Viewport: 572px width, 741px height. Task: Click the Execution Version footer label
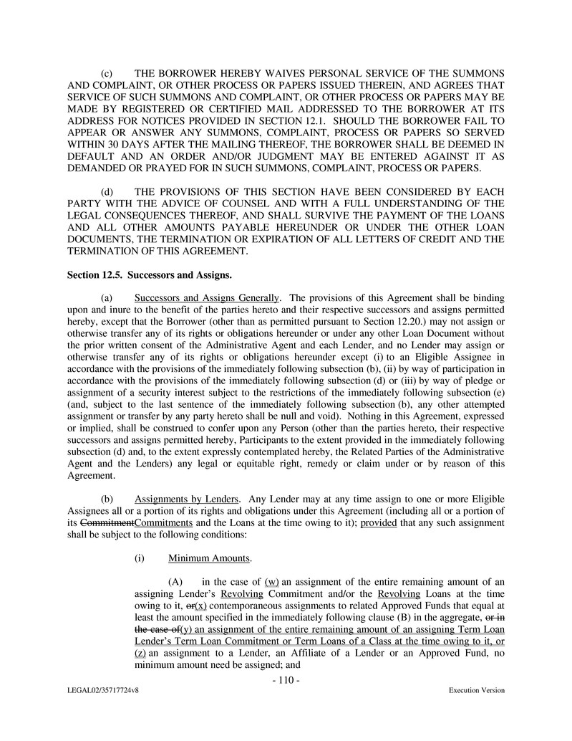coord(476,691)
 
